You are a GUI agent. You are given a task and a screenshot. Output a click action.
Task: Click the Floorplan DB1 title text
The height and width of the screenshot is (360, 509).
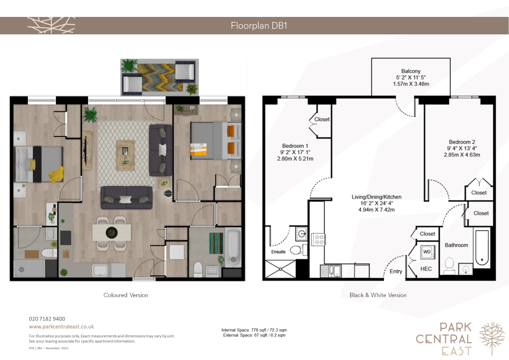pyautogui.click(x=259, y=26)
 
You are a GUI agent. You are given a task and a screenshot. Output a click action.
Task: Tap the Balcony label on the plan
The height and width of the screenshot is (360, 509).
pyautogui.click(x=411, y=71)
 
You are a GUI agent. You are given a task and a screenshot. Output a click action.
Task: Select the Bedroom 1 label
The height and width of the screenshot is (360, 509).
pyautogui.click(x=295, y=146)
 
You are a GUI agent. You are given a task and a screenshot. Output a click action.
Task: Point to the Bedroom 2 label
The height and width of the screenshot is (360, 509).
pyautogui.click(x=462, y=142)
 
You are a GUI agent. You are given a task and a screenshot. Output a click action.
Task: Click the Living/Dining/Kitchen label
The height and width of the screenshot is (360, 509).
pyautogui.click(x=377, y=197)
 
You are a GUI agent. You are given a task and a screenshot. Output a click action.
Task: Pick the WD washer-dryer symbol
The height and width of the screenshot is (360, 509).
pyautogui.click(x=427, y=252)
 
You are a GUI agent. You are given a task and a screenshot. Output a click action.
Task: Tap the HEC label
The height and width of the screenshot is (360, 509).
pyautogui.click(x=426, y=269)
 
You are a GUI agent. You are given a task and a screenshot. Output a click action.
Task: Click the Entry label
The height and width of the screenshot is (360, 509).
pyautogui.click(x=396, y=271)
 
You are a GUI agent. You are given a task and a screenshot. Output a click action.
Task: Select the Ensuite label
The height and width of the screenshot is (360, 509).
pyautogui.click(x=278, y=252)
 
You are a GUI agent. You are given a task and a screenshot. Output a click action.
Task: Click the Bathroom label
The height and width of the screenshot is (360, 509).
pyautogui.click(x=456, y=245)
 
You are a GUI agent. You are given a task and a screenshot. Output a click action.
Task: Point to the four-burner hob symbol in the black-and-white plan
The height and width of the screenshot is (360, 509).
pyautogui.click(x=318, y=239)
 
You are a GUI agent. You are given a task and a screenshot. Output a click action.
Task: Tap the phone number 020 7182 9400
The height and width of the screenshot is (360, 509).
pyautogui.click(x=47, y=319)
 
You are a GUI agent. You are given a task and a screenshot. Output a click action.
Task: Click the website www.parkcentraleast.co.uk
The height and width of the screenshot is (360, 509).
pyautogui.click(x=62, y=327)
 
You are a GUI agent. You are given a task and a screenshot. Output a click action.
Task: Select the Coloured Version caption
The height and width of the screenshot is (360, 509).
pyautogui.click(x=126, y=295)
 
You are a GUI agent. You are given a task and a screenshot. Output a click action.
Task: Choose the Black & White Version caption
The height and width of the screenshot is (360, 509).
pyautogui.click(x=378, y=295)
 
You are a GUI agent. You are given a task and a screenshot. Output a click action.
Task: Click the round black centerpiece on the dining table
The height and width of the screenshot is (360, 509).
pyautogui.click(x=111, y=232)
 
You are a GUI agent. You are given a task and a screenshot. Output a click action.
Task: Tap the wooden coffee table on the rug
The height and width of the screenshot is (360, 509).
pyautogui.click(x=125, y=155)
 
